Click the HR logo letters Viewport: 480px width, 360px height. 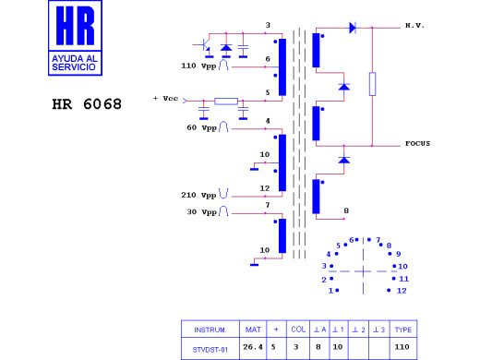[75, 26]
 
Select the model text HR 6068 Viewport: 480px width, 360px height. [87, 104]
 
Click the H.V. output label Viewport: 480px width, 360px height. [415, 26]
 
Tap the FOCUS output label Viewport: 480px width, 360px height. [417, 143]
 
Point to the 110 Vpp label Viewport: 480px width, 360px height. [198, 66]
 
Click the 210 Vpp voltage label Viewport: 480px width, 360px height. [198, 195]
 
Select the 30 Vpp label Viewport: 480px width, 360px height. [201, 212]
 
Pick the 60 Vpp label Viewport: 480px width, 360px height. [201, 127]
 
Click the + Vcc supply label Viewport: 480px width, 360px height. [166, 99]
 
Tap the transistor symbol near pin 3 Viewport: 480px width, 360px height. [203, 46]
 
